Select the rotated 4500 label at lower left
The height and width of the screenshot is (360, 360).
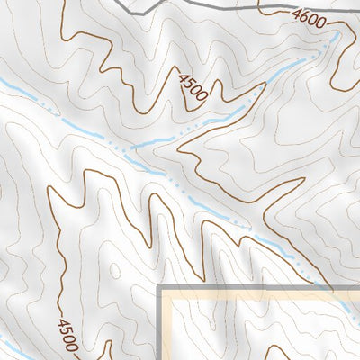[67, 335]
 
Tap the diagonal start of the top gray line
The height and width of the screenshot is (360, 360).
[135, 3]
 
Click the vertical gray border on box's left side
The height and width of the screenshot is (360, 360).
[161, 328]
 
